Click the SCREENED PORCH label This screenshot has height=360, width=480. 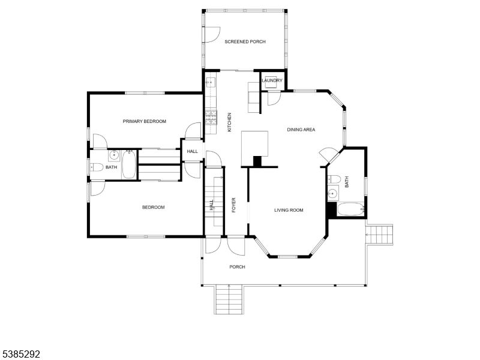tap(245, 42)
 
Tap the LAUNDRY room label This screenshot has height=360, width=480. tap(272, 80)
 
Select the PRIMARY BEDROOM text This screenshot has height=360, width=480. tap(144, 121)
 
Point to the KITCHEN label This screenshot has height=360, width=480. tap(229, 123)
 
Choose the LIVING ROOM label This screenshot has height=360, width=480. tap(289, 210)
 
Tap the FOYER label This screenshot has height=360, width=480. tap(233, 205)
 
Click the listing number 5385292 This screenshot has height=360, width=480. tap(20, 354)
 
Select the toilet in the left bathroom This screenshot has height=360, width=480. tap(95, 167)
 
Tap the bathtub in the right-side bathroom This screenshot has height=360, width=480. tap(349, 210)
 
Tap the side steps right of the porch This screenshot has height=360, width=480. tap(380, 233)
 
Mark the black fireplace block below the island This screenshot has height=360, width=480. tap(258, 161)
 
